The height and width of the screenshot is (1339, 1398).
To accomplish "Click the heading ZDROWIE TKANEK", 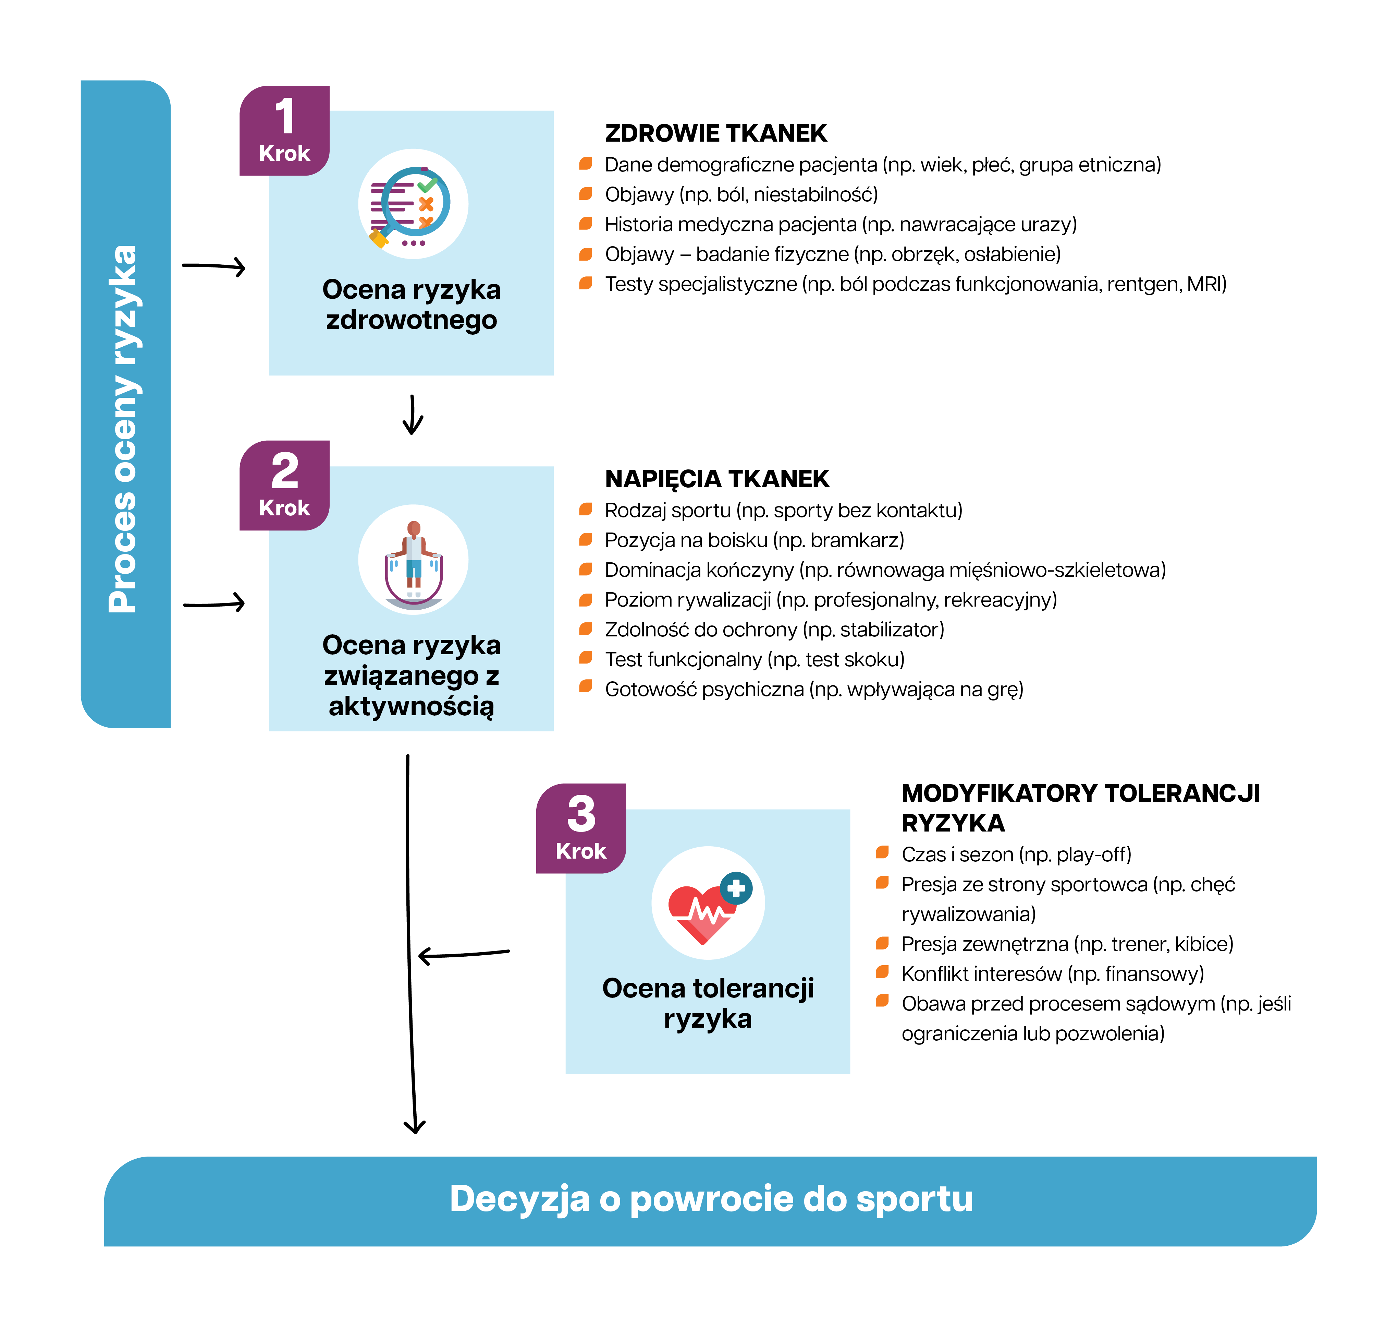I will click(x=715, y=133).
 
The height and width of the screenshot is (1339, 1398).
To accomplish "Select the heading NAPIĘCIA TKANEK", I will click(x=717, y=479).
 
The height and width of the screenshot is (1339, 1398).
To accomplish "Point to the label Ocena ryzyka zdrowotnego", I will click(x=412, y=305).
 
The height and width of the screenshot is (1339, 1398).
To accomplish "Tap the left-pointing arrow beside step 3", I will click(x=464, y=954).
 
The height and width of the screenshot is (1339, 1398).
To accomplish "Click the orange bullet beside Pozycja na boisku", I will click(x=586, y=540).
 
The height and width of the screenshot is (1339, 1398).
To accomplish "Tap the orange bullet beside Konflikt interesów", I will click(x=882, y=972).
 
